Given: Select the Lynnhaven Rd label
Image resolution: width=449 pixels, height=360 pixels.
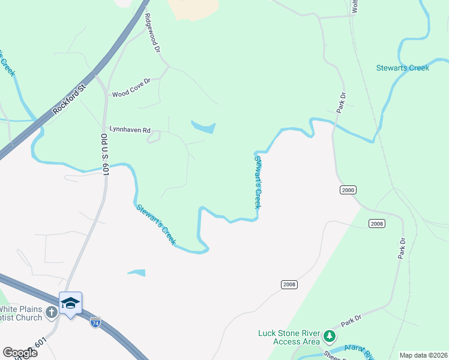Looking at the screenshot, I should (x=130, y=129).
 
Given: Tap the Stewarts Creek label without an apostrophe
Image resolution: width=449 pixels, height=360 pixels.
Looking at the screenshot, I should (x=403, y=68).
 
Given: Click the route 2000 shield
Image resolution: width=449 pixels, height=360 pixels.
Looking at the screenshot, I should (x=348, y=190).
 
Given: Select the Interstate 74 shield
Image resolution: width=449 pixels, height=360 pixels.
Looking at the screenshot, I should (x=95, y=322).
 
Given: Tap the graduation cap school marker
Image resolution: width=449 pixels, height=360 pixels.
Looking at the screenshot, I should (x=70, y=302).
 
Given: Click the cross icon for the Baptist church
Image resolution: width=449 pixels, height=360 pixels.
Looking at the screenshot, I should (x=51, y=312).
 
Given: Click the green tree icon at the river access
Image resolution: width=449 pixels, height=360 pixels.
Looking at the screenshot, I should (x=329, y=335).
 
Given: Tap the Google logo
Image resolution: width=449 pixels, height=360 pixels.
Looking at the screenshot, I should (x=19, y=353).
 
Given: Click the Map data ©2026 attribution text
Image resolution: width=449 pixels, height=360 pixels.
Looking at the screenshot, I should (x=423, y=355).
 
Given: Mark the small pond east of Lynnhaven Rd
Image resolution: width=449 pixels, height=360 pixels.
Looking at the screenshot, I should (x=204, y=127).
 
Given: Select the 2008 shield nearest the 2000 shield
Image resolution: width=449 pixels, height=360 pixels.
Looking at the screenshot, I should (x=377, y=223).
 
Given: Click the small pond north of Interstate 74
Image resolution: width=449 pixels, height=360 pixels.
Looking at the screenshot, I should (x=136, y=272).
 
